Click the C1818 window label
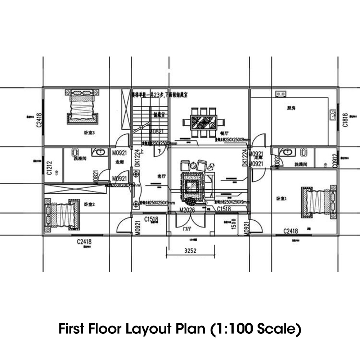pos(345,120)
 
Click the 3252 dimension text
pos(190,251)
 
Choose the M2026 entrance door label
pos(187,210)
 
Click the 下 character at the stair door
pos(159,152)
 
